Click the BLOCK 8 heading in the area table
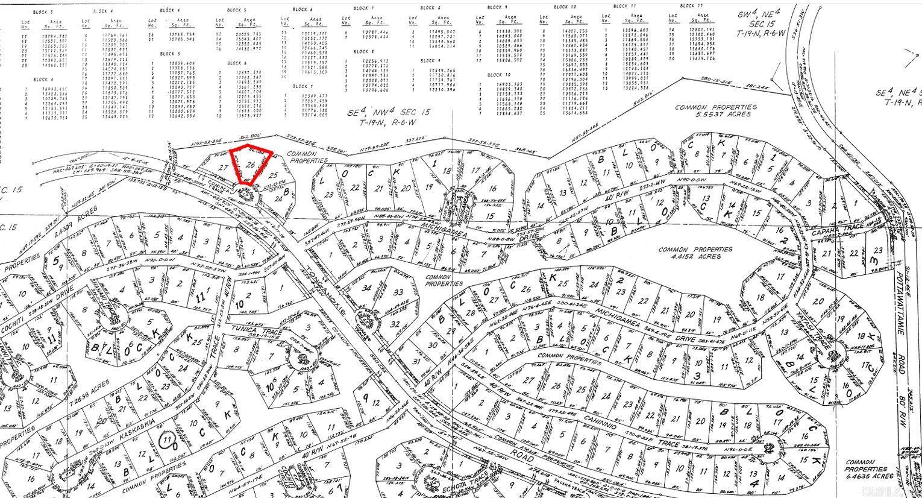point(430,8)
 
